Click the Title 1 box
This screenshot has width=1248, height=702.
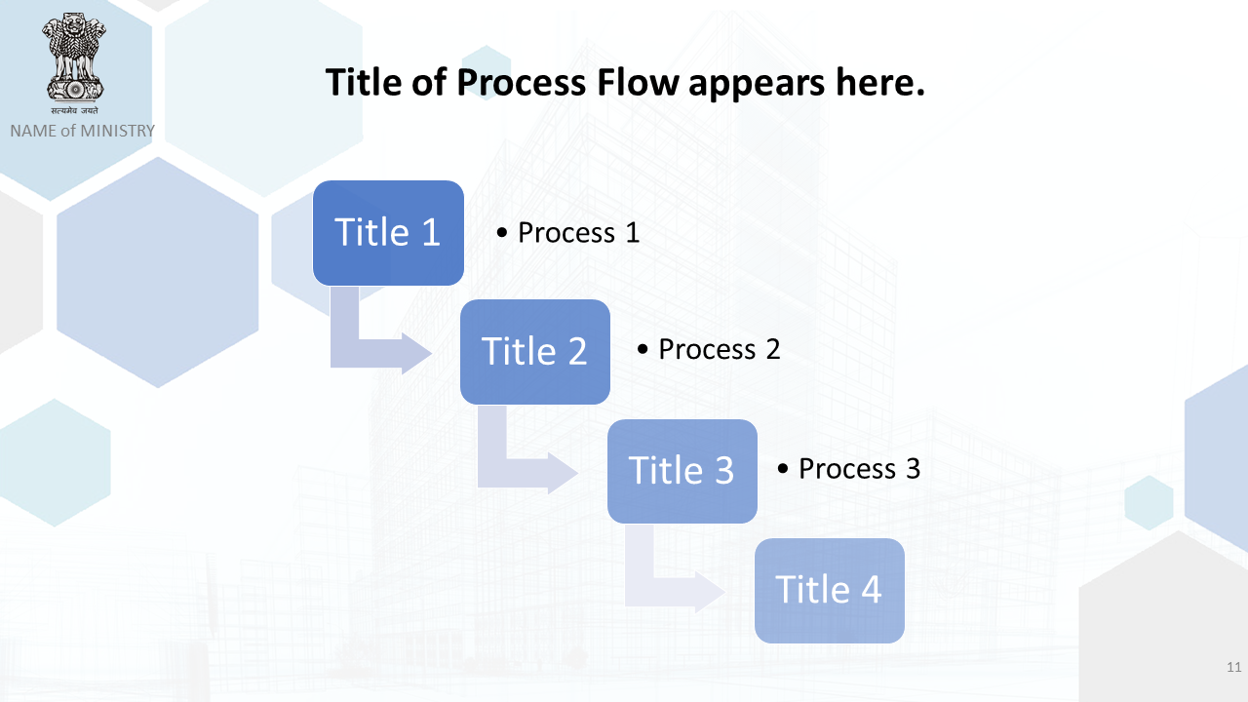click(x=388, y=233)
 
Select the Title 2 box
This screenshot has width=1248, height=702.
click(x=535, y=352)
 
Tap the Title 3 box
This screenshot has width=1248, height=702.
click(x=682, y=471)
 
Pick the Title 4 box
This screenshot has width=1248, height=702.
click(x=830, y=591)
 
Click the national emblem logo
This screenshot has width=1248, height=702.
click(x=75, y=58)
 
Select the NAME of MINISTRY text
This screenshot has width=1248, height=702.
click(x=83, y=131)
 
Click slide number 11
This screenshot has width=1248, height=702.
click(x=1234, y=667)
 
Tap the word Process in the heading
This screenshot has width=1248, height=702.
click(x=521, y=83)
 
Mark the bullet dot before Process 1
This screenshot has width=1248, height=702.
click(x=502, y=233)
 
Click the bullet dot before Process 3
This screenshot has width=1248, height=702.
click(x=783, y=469)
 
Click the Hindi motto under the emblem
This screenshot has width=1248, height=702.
click(x=75, y=110)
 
